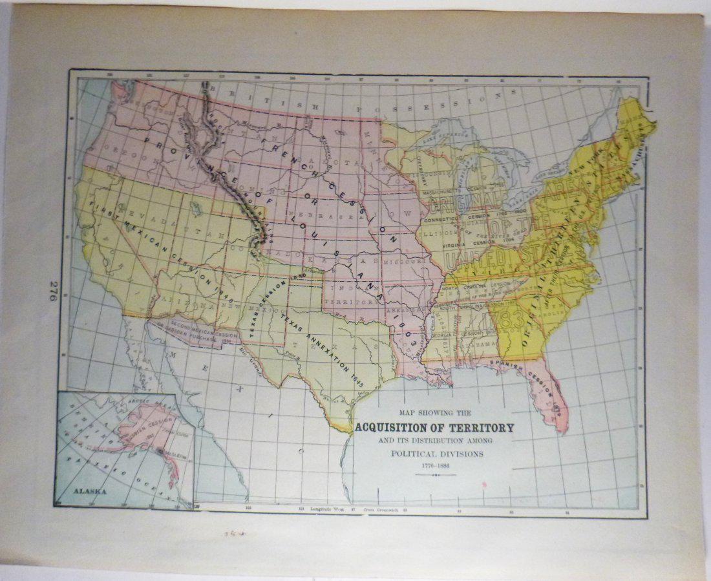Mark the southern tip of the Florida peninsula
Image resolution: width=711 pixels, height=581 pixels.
(x=562, y=428)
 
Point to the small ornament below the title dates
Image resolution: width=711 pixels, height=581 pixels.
(x=436, y=475)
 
